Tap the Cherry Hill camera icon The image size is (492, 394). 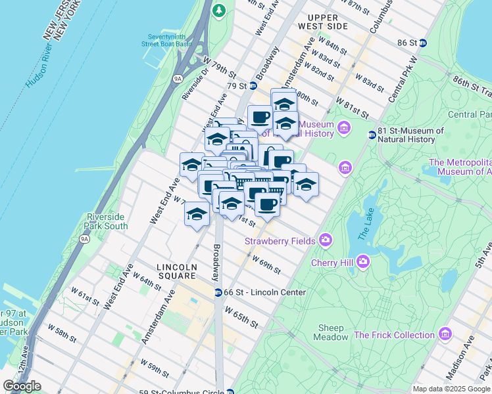(363, 262)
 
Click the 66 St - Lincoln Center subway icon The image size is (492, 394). (218, 292)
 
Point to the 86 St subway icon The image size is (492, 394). (423, 43)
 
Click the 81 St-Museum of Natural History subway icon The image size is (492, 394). (372, 135)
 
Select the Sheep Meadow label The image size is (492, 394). (332, 332)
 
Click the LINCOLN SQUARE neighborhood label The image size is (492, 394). (177, 272)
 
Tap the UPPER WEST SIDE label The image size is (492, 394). (327, 22)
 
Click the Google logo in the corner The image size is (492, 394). (22, 386)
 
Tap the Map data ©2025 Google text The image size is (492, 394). (451, 389)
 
